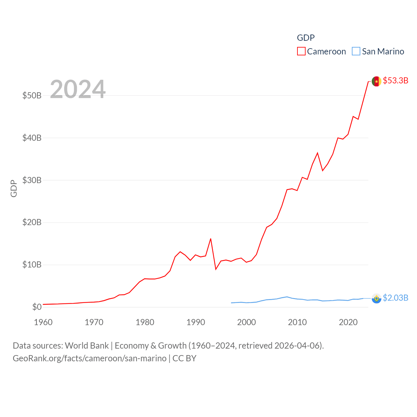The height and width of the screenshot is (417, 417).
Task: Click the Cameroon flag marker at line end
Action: pyautogui.click(x=376, y=81)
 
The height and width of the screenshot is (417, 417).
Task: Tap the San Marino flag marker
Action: pyautogui.click(x=376, y=298)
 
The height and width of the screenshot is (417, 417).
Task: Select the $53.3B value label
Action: pyautogui.click(x=395, y=80)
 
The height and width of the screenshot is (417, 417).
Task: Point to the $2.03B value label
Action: pyautogui.click(x=395, y=298)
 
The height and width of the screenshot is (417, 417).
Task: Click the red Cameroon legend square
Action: pyautogui.click(x=301, y=51)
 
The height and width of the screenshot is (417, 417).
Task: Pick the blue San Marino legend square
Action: pyautogui.click(x=356, y=51)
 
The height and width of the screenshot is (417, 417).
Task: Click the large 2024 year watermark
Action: pyautogui.click(x=78, y=89)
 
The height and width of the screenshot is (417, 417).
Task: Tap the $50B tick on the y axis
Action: pyautogui.click(x=32, y=95)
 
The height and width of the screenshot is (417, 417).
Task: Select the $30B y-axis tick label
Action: pyautogui.click(x=32, y=180)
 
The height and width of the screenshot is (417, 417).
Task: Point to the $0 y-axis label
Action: pyautogui.click(x=37, y=307)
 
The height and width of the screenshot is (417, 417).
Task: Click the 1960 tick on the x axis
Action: pyautogui.click(x=43, y=322)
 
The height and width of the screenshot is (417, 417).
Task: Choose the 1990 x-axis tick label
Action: pyautogui.click(x=196, y=322)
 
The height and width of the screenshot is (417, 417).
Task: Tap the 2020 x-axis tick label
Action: pyautogui.click(x=348, y=322)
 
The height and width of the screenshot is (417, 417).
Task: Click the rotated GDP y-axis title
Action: pyautogui.click(x=14, y=188)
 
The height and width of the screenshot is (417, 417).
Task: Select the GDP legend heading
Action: pyautogui.click(x=306, y=38)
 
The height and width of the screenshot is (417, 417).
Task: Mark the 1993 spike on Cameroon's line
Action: pyautogui.click(x=211, y=239)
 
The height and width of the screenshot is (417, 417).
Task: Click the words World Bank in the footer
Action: pyautogui.click(x=87, y=346)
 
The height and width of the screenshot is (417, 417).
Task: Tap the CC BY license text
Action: pyautogui.click(x=184, y=358)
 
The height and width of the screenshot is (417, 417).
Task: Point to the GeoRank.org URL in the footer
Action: pyautogui.click(x=90, y=358)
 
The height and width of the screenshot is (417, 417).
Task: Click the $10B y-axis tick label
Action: pyautogui.click(x=32, y=265)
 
